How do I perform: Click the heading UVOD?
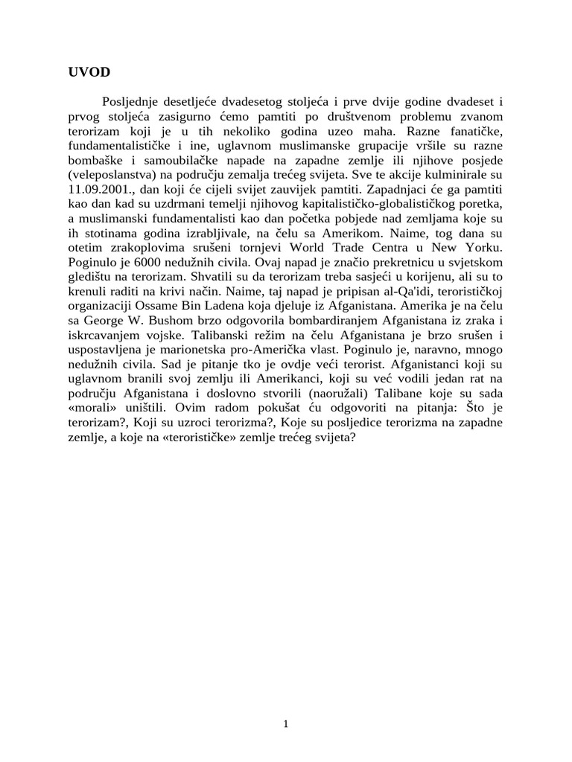(x=89, y=72)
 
